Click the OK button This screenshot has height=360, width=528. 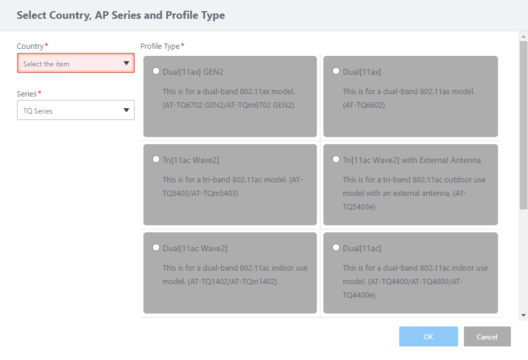[x=428, y=336]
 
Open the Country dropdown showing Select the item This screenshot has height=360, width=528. [x=76, y=63]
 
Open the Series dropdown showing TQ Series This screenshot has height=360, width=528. [x=76, y=110]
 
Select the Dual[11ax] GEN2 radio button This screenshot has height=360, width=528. [x=156, y=71]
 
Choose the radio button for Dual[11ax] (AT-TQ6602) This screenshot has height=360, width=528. [x=336, y=71]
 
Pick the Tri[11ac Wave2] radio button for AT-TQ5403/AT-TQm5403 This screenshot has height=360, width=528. [x=156, y=159]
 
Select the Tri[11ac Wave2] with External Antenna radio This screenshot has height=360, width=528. [x=336, y=159]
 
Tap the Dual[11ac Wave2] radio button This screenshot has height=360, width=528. [x=156, y=248]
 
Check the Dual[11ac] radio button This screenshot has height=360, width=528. [x=336, y=248]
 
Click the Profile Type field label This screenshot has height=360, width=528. [x=160, y=46]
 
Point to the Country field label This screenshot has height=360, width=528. [x=31, y=46]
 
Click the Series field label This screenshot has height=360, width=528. [x=26, y=94]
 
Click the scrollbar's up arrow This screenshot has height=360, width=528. [x=523, y=36]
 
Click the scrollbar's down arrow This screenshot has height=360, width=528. [x=523, y=315]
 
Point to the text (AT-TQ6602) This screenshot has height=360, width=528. [x=364, y=105]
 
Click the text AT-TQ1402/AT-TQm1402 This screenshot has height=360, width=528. [x=232, y=282]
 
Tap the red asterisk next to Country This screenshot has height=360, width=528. [x=46, y=45]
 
